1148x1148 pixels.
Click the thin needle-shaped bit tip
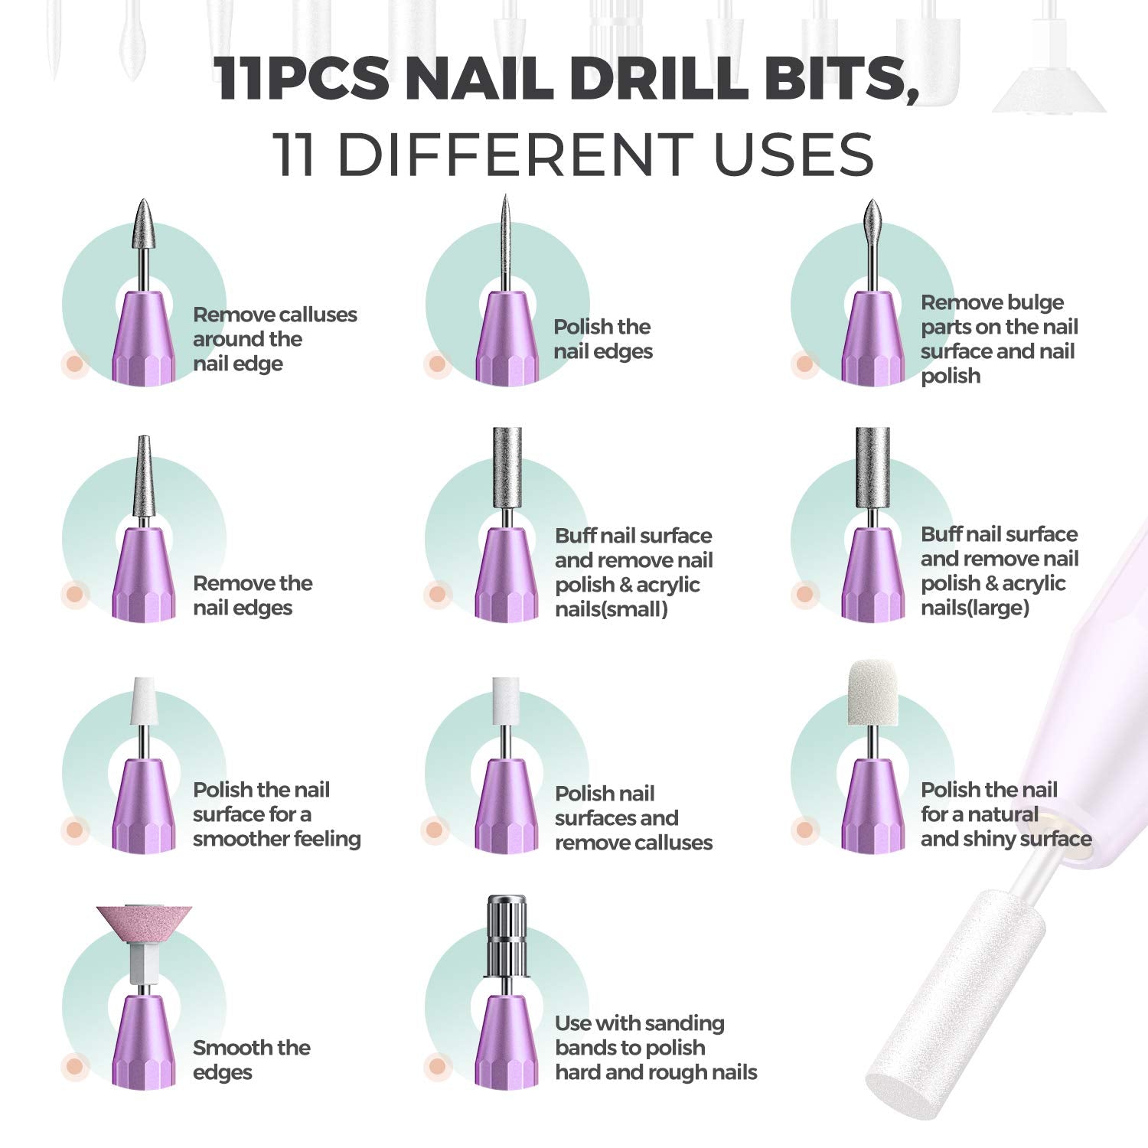coord(505,230)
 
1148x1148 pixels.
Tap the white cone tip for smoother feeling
coord(142,700)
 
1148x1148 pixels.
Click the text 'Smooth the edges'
coord(251,1060)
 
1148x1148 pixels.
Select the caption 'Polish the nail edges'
coord(603,339)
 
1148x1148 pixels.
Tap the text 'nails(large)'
coord(974,608)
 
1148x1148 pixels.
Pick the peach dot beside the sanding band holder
coord(436,1065)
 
